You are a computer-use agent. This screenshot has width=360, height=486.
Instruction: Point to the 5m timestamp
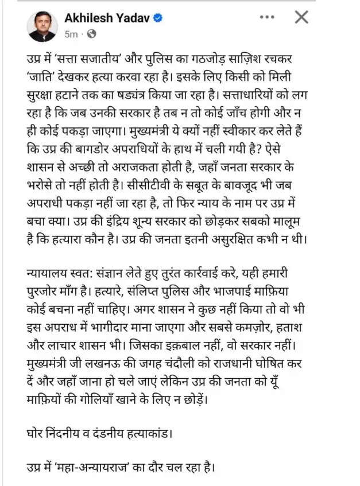[x=71, y=34]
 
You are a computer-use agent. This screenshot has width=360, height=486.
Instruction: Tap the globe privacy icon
[x=90, y=34]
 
